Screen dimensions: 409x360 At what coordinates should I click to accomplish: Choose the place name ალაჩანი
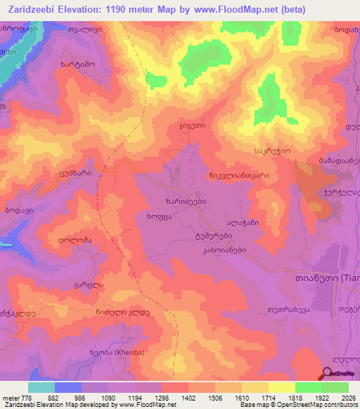pyautogui.click(x=243, y=221)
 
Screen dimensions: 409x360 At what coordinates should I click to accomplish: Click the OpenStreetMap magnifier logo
pyautogui.click(x=328, y=375)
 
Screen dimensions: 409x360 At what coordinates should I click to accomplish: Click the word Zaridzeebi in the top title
pyautogui.click(x=32, y=9)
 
